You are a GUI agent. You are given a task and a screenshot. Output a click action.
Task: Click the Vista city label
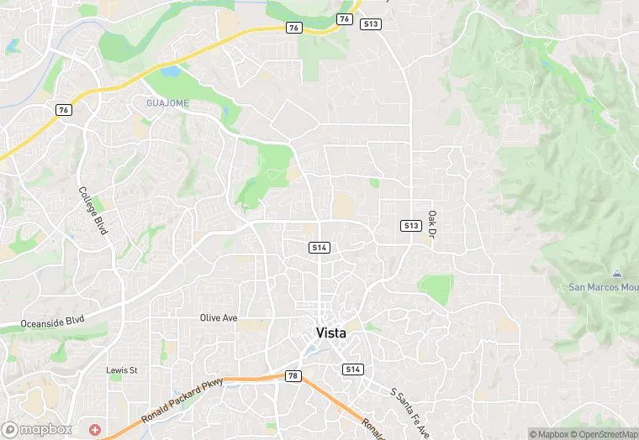point(330,333)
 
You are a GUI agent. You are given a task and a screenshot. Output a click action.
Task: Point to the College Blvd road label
point(93,210)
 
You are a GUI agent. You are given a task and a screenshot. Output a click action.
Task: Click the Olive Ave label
point(219,318)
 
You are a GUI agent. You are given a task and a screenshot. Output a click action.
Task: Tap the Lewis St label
point(121,370)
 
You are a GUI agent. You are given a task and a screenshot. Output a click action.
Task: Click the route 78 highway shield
point(293,375)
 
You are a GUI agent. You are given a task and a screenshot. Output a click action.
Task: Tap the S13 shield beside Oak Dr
point(410,226)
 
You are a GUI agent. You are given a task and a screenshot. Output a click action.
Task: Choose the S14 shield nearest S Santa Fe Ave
point(352,369)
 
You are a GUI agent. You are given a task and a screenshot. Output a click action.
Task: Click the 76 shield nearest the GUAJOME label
point(64,110)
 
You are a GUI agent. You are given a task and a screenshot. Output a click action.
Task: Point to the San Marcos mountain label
point(603,287)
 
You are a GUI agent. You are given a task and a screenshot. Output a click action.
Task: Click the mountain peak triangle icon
point(616,275)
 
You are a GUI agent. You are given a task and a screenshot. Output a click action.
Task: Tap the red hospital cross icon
point(95,429)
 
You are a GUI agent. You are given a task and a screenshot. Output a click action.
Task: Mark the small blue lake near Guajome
point(171,72)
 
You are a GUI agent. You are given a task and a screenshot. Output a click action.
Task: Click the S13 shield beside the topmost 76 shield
point(370,24)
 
